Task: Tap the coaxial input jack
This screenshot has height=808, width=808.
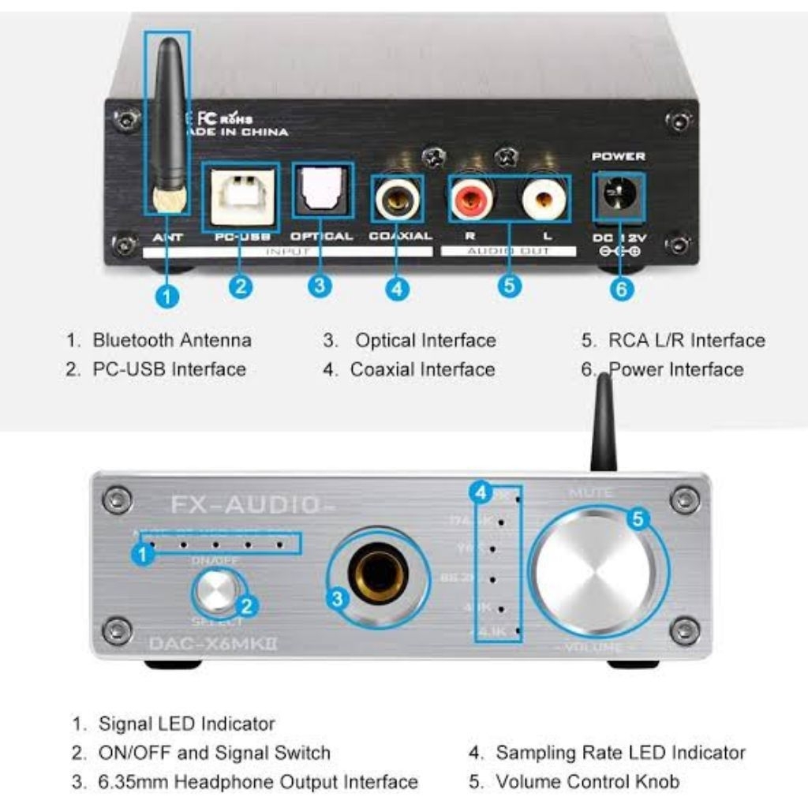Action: [396, 200]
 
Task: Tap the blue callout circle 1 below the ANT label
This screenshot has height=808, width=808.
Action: [168, 296]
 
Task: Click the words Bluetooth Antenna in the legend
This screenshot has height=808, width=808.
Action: [172, 341]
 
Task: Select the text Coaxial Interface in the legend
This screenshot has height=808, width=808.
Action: [422, 369]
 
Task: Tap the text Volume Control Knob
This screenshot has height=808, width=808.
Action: [587, 782]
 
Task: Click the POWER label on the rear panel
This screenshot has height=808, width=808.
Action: [618, 157]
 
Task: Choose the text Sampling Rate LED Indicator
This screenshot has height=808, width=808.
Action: [620, 753]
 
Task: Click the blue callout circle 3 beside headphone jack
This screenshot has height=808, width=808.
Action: [338, 598]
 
